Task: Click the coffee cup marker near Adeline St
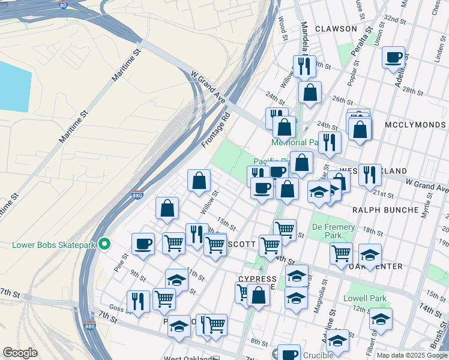coord(393,58)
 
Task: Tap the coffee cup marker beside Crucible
coord(288,354)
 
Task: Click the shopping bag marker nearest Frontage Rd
coord(199,180)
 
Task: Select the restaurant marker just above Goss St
coord(138,301)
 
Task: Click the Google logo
coord(20,353)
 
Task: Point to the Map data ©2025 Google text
coord(411,355)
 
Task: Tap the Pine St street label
coord(125,260)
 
